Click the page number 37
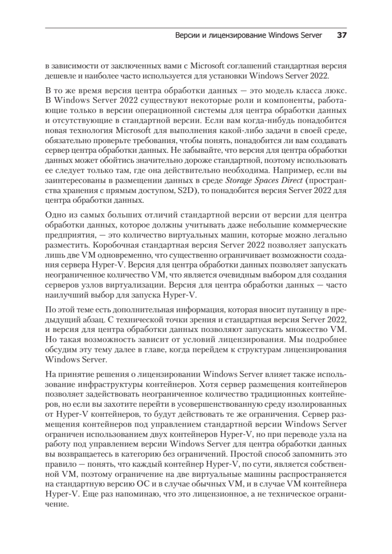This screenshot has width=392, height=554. (x=342, y=35)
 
